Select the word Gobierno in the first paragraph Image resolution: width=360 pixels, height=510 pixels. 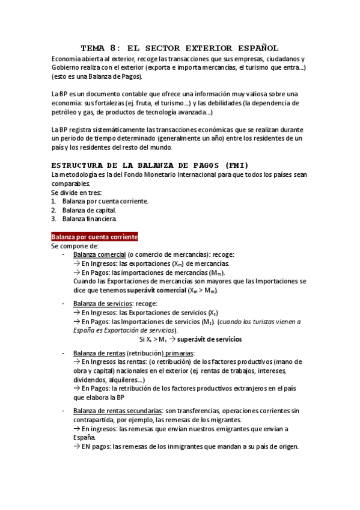[x=67, y=68]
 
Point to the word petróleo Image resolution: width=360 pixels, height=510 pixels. [x=67, y=112]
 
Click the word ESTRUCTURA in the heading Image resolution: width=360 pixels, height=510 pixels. [x=75, y=165]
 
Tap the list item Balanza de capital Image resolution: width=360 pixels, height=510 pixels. [x=89, y=210]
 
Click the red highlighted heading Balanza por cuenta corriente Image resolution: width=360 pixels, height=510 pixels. [x=95, y=237]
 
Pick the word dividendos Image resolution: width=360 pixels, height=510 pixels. [x=92, y=379]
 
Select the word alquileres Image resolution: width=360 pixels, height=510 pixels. [x=129, y=379]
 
